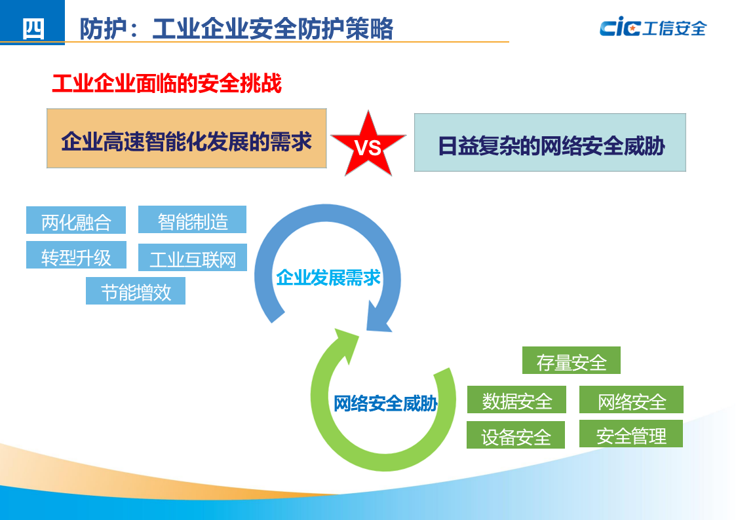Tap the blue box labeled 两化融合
76,221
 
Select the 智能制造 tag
192,219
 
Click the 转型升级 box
76,255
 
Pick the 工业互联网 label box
193,258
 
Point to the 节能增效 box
136,291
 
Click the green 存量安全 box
571,360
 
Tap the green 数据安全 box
516,400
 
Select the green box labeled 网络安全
631,399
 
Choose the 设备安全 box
516,436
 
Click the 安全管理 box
631,434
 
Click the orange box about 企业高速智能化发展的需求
187,139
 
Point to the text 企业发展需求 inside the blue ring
328,278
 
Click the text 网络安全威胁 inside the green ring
385,403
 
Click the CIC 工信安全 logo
652,28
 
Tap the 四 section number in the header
33,28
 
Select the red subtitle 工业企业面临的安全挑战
166,84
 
